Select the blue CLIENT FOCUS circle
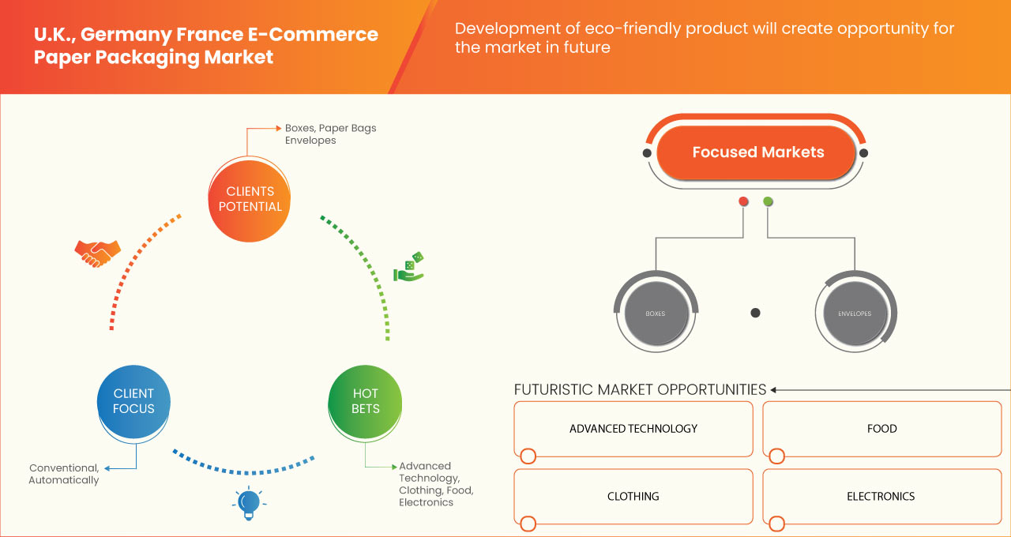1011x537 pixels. pos(133,401)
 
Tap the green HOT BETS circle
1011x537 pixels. pos(365,401)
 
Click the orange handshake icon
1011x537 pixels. pos(97,253)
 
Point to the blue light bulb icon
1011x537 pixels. pos(249,503)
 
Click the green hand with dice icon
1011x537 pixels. pos(409,268)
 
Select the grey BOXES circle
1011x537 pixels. pos(655,314)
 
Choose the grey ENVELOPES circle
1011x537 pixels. pos(855,314)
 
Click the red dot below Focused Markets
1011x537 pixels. pos(743,202)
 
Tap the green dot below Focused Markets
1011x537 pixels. pos(768,202)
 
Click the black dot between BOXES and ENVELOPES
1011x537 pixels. pos(755,313)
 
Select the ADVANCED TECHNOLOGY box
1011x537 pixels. pos(633,429)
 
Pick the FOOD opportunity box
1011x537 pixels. pos(881,429)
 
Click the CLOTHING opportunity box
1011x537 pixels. pos(633,497)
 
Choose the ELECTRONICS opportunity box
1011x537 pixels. pos(881,497)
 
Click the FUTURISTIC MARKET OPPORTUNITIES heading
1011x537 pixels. pos(640,389)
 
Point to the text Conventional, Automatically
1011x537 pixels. pos(63,474)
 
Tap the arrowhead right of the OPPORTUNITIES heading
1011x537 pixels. pos(774,389)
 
